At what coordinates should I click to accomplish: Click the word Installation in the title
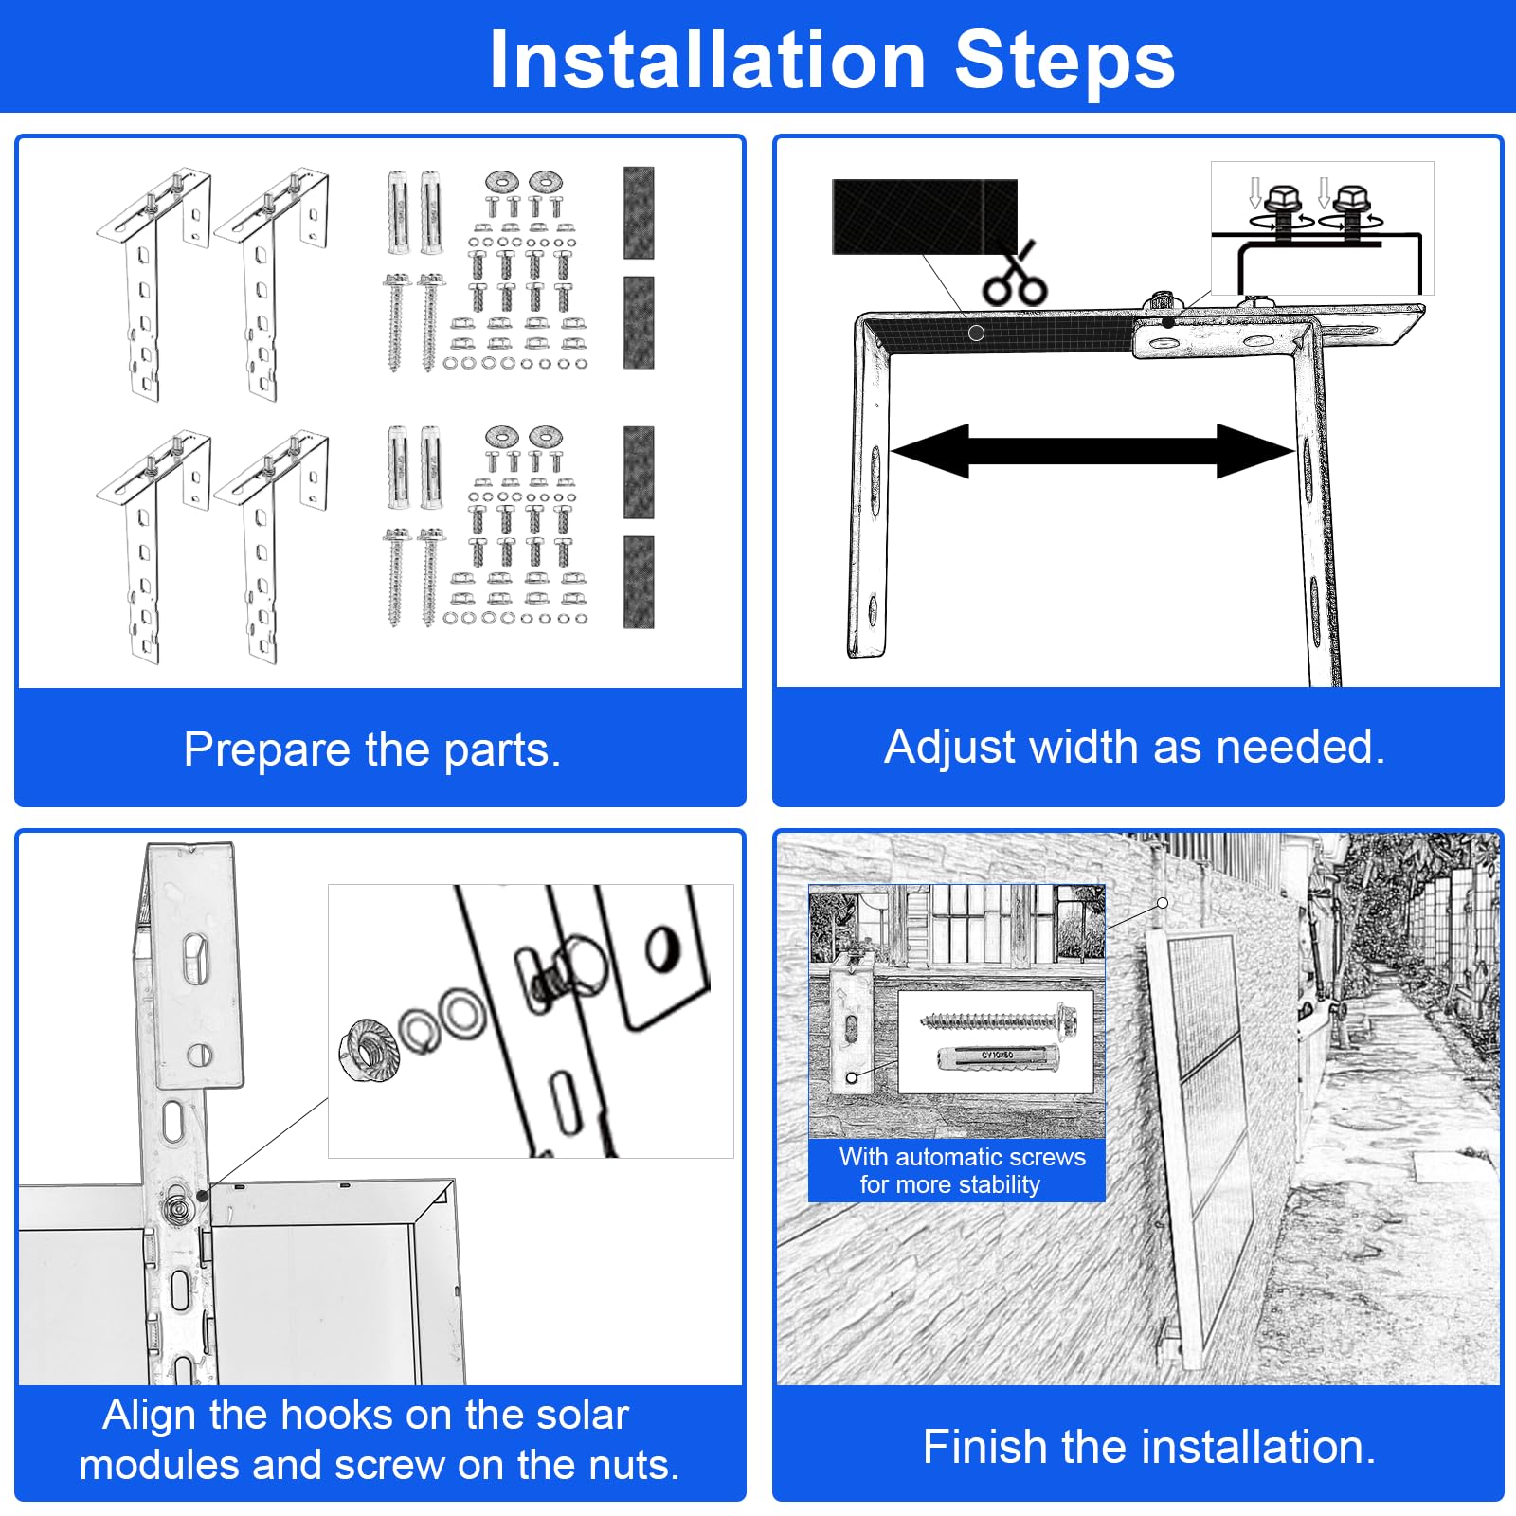(x=707, y=60)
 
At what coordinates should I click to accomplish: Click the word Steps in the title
(x=1064, y=60)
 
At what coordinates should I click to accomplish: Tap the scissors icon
(x=1014, y=275)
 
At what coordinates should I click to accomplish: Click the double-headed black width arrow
(x=1092, y=451)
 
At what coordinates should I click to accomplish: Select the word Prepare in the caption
(x=267, y=750)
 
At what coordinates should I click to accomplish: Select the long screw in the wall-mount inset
(x=999, y=1020)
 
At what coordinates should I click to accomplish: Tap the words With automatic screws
(x=963, y=1157)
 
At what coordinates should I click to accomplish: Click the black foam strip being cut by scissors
(x=924, y=217)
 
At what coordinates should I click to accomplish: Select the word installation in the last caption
(x=1259, y=1447)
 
